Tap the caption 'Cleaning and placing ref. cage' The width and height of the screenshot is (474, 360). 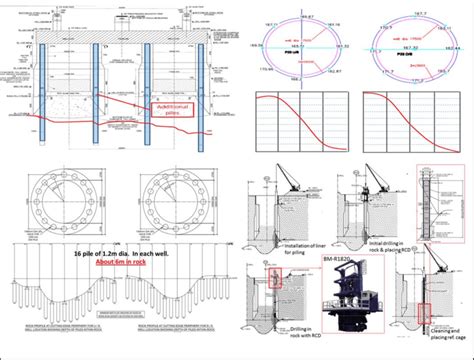point(447,336)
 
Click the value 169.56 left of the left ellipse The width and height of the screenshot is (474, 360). point(258,44)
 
